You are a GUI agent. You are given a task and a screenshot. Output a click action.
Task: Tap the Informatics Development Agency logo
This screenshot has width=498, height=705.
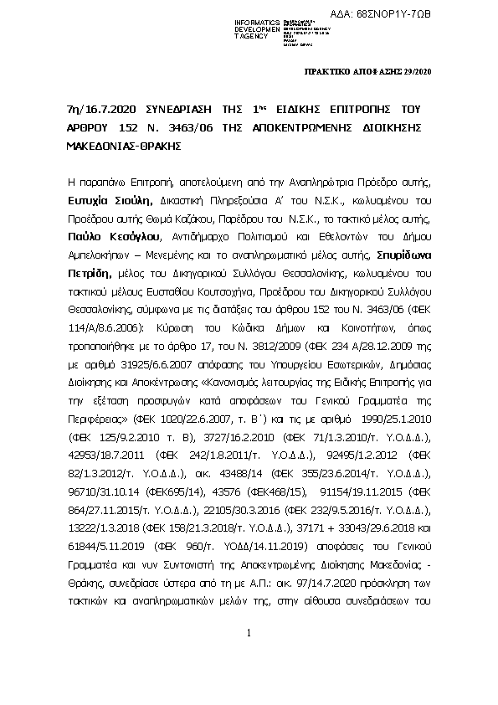[264, 26]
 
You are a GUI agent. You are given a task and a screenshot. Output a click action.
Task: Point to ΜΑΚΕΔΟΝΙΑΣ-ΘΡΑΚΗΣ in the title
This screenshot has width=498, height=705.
[109, 144]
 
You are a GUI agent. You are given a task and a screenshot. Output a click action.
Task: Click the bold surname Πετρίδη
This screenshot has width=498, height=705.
[90, 273]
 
